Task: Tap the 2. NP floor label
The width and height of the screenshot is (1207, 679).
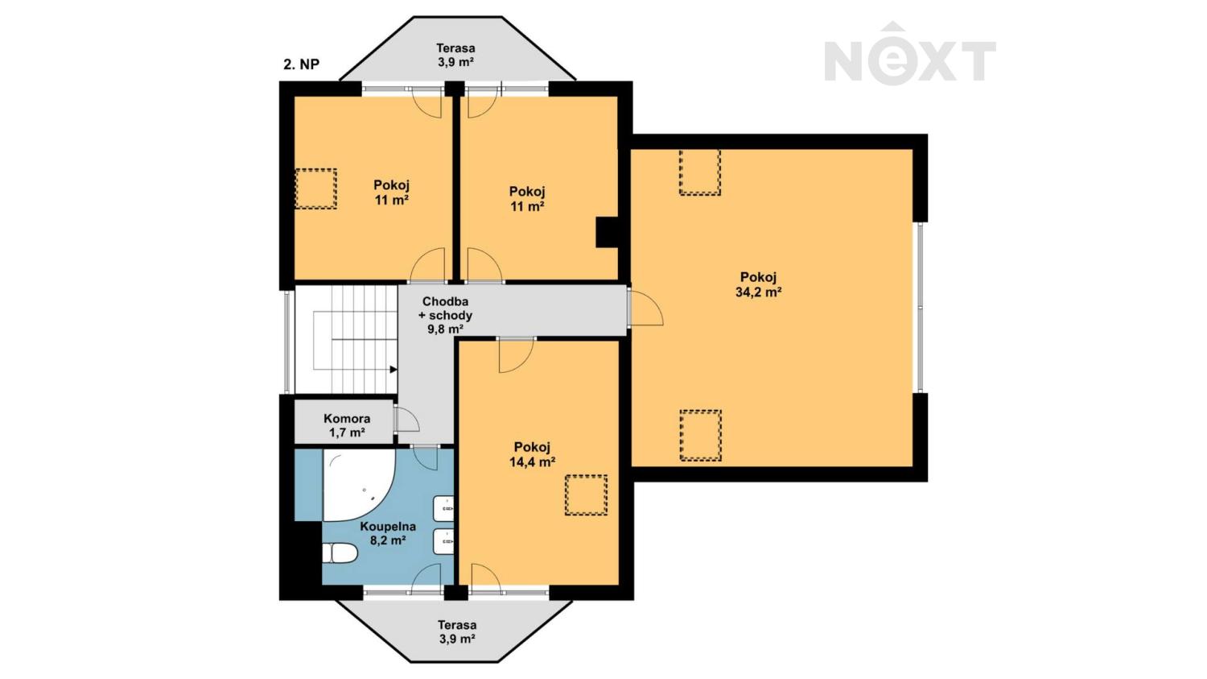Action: click(x=301, y=64)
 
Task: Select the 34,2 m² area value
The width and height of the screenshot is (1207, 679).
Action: click(x=759, y=292)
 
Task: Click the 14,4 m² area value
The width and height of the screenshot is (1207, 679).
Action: click(x=533, y=462)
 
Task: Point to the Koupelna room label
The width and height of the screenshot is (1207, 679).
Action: click(x=387, y=527)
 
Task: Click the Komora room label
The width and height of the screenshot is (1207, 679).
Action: click(x=347, y=419)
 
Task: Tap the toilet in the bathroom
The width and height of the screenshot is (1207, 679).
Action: click(x=340, y=553)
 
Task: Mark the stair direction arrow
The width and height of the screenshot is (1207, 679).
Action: click(x=393, y=370)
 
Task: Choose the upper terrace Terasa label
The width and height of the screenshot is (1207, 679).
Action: click(x=456, y=48)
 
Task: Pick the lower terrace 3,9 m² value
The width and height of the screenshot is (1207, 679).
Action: click(x=456, y=639)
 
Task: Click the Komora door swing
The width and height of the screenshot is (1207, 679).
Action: click(x=407, y=419)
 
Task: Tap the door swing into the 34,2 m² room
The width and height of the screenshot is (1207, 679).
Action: click(x=646, y=308)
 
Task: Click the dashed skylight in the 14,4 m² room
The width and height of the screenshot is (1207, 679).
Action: click(x=586, y=495)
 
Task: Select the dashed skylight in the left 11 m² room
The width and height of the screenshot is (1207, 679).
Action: click(x=315, y=188)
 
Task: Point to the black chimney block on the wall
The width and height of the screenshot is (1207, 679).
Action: click(x=607, y=232)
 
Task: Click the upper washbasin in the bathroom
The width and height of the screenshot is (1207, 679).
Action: click(x=444, y=508)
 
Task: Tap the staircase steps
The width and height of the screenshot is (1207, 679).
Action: click(x=347, y=339)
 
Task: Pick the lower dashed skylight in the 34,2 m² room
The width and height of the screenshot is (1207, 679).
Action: click(x=701, y=435)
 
